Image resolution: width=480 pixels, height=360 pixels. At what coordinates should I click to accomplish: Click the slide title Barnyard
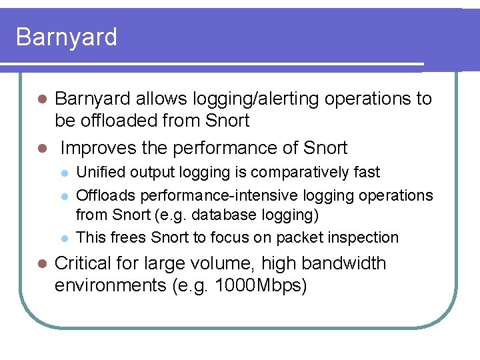tap(66, 37)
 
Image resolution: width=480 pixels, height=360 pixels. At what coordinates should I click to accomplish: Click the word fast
tap(367, 172)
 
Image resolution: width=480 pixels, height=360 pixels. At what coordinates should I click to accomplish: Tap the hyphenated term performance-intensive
tap(229, 195)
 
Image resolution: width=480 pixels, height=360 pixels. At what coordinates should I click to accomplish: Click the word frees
tap(128, 237)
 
